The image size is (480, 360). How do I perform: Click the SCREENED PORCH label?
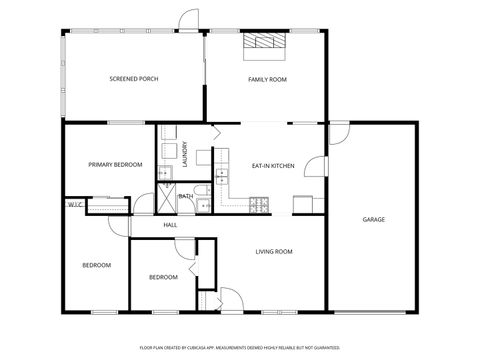tap(133, 79)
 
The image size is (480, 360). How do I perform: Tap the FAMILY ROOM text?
tap(267, 79)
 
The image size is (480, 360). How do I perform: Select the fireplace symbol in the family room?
tap(265, 42)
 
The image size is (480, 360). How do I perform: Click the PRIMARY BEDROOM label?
tap(114, 164)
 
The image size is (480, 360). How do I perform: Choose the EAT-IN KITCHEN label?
tap(272, 164)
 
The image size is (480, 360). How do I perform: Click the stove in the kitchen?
tap(259, 205)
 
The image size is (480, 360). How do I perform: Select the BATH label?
tap(186, 196)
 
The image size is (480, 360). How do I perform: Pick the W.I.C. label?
tap(74, 205)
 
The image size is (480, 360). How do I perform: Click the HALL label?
tap(170, 225)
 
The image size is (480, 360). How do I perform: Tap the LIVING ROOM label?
tap(273, 251)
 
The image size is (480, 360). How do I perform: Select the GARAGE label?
tap(373, 219)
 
